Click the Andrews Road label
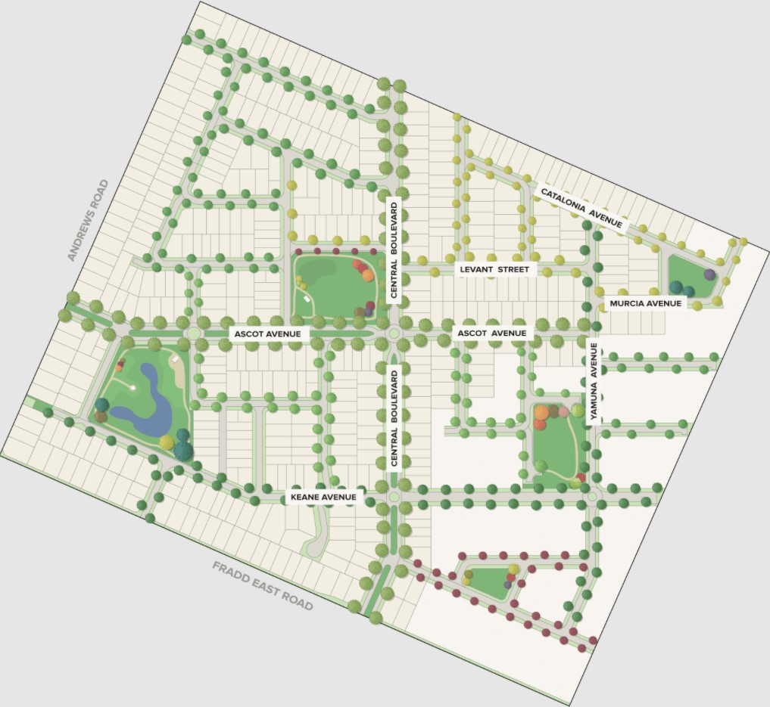click(x=89, y=220)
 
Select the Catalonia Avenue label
click(x=581, y=207)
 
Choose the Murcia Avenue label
click(x=645, y=304)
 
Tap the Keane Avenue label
click(x=323, y=497)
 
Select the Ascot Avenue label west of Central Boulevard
click(x=267, y=333)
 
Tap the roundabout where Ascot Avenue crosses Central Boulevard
click(x=394, y=333)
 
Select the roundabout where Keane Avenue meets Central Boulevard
click(x=394, y=497)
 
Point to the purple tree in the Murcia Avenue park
click(x=709, y=274)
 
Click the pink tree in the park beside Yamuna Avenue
click(x=564, y=412)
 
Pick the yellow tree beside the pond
click(x=167, y=442)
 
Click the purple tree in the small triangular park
click(x=508, y=585)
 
